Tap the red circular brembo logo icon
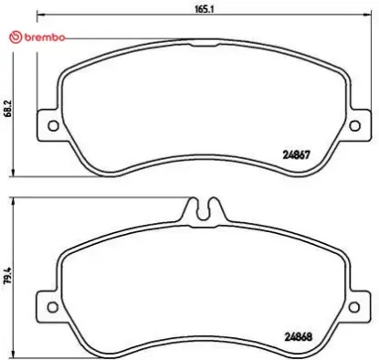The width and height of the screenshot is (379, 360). pos(12,37)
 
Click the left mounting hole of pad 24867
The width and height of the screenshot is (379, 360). pos(52,127)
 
